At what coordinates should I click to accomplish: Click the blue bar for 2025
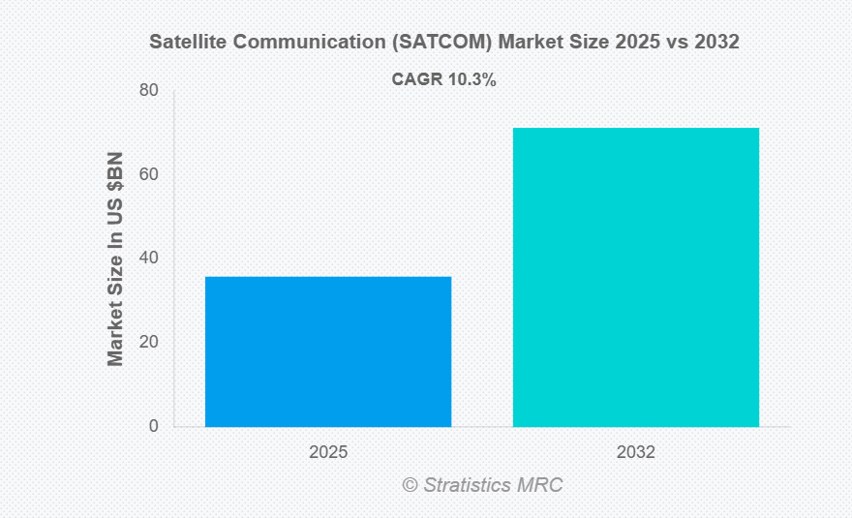(x=328, y=351)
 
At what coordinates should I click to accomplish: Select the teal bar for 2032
(x=635, y=277)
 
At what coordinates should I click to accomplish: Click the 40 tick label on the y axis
(x=148, y=259)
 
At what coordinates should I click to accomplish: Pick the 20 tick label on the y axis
(x=148, y=343)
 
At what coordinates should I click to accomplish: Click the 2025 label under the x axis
(x=328, y=452)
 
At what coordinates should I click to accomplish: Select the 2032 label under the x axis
(x=635, y=452)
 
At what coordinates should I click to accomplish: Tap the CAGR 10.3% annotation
(x=443, y=81)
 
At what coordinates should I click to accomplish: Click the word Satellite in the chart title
(x=184, y=43)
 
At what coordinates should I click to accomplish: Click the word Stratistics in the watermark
(x=469, y=485)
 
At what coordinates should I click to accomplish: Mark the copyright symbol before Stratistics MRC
(x=411, y=485)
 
